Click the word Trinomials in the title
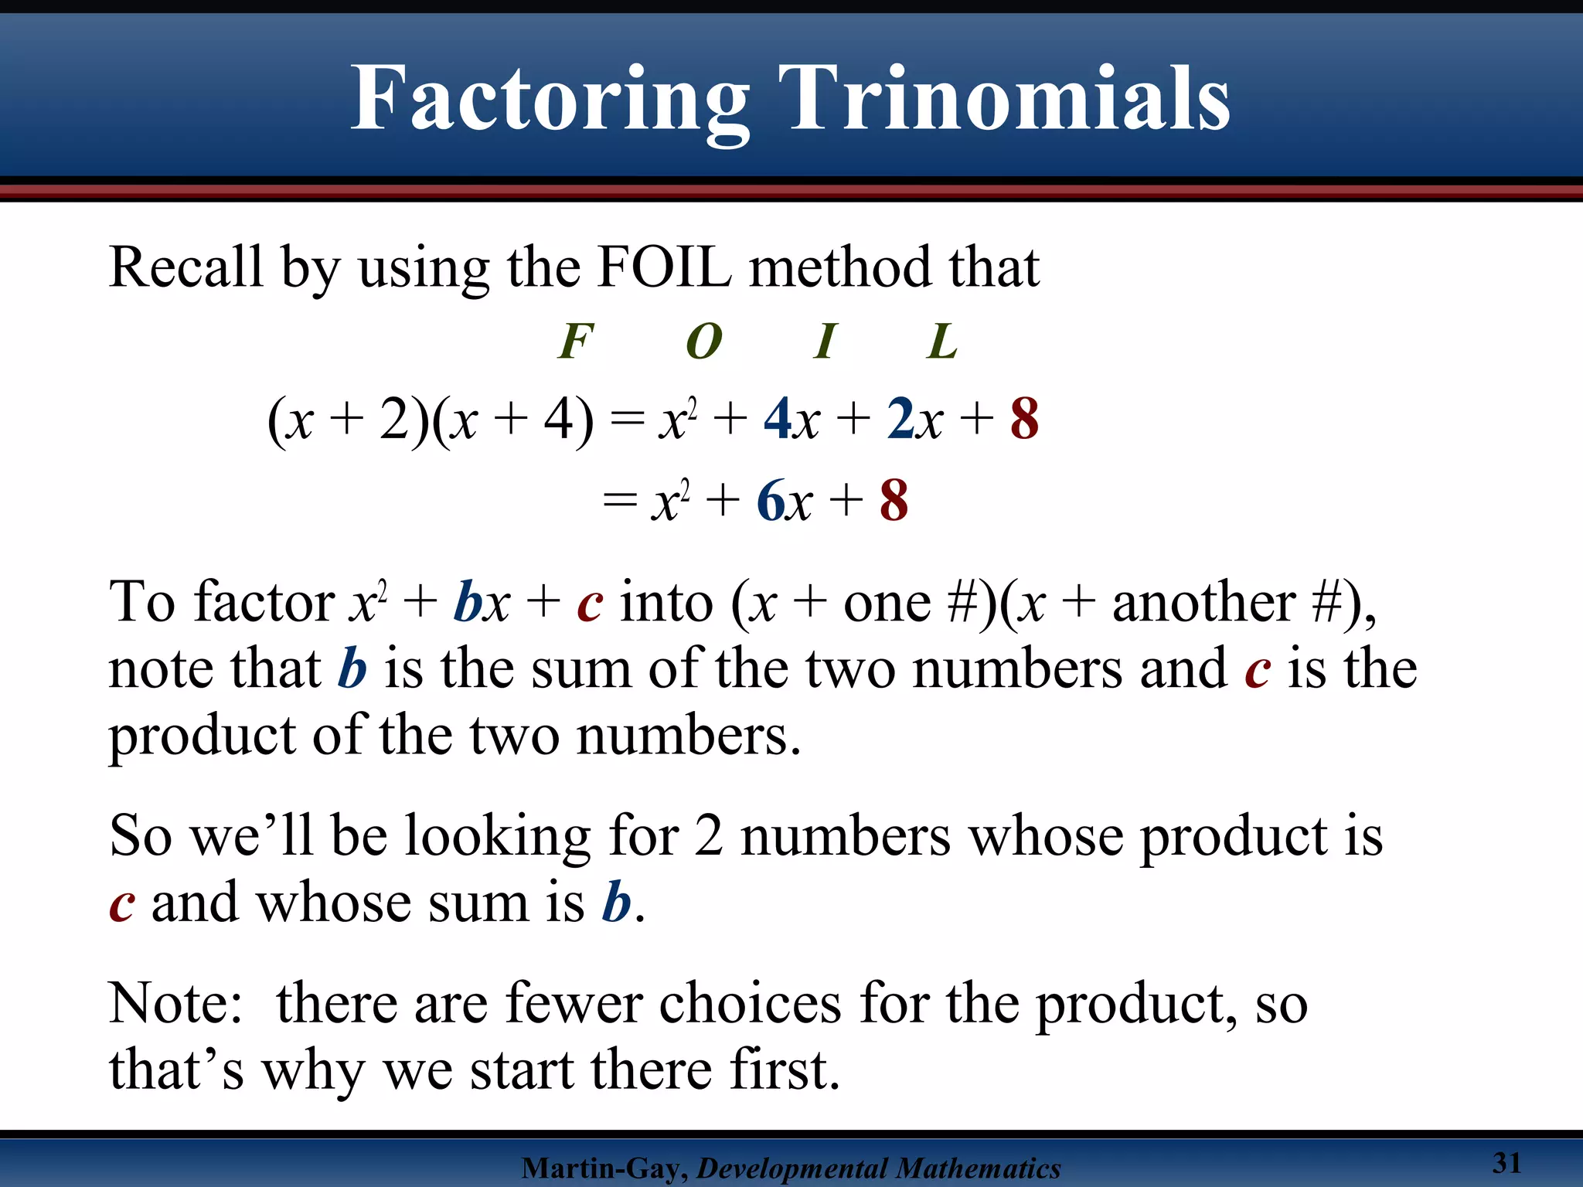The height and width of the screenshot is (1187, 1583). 1004,99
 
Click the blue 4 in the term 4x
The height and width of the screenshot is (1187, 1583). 777,420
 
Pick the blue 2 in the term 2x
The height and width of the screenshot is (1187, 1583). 900,420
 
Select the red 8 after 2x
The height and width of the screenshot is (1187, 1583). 1024,420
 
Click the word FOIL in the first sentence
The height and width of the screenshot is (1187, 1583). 665,267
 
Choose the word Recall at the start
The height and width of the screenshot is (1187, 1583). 186,267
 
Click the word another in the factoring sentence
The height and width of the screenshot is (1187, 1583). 1203,602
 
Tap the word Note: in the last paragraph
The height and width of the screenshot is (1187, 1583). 176,1004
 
